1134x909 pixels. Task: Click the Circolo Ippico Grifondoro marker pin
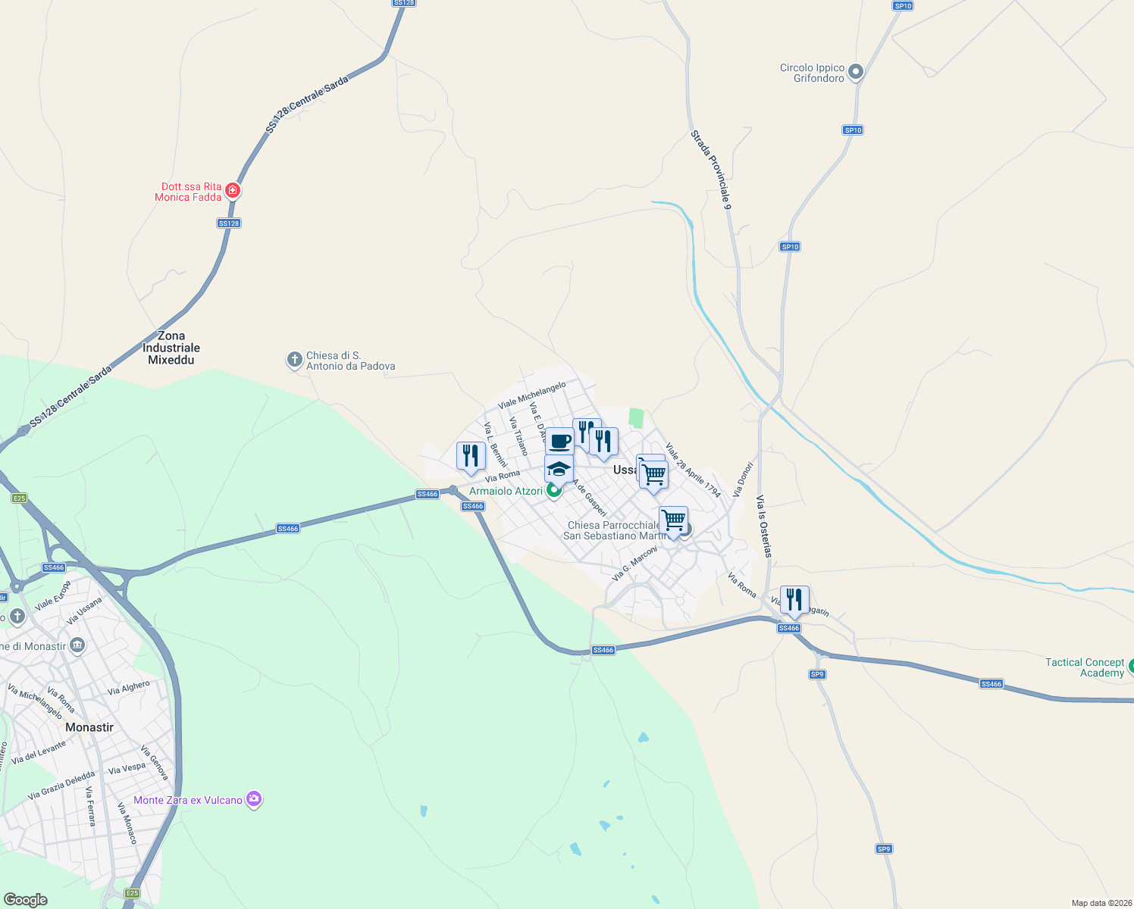pyautogui.click(x=856, y=73)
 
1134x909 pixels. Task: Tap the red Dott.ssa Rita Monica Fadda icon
pyautogui.click(x=233, y=190)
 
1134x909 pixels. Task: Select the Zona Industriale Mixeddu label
pyautogui.click(x=171, y=348)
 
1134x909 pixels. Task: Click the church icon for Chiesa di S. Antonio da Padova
pyautogui.click(x=295, y=360)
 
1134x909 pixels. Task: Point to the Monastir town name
pyautogui.click(x=89, y=727)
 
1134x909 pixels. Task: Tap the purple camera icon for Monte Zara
pyautogui.click(x=254, y=799)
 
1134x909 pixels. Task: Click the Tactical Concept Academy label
pyautogui.click(x=1084, y=667)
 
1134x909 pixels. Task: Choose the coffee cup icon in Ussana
pyautogui.click(x=559, y=441)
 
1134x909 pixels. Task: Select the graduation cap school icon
pyautogui.click(x=559, y=469)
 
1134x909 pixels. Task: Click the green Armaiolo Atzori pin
pyautogui.click(x=554, y=491)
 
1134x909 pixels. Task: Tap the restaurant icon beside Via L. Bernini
pyautogui.click(x=471, y=455)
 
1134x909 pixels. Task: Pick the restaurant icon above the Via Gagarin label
pyautogui.click(x=794, y=599)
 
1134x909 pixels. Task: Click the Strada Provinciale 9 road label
pyautogui.click(x=711, y=169)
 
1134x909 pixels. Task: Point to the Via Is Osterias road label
pyautogui.click(x=764, y=526)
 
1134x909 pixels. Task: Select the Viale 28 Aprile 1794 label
pyautogui.click(x=693, y=470)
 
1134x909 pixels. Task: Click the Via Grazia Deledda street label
pyautogui.click(x=61, y=786)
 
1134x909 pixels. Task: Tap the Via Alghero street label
pyautogui.click(x=129, y=687)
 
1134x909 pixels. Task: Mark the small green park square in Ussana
pyautogui.click(x=636, y=417)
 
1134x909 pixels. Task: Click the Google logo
pyautogui.click(x=26, y=899)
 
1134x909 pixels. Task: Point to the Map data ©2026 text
pyautogui.click(x=1101, y=903)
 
